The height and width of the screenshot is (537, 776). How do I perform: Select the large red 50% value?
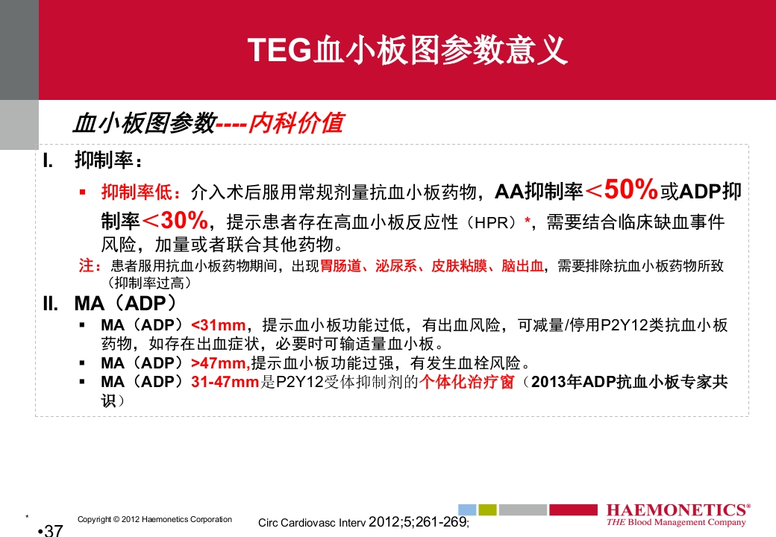(x=630, y=190)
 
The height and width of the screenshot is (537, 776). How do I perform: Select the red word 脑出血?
(x=522, y=266)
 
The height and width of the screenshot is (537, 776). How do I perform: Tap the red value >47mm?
(x=220, y=363)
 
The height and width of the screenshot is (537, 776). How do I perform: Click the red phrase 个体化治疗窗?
(x=466, y=383)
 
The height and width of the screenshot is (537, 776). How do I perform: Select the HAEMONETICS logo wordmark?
(x=678, y=510)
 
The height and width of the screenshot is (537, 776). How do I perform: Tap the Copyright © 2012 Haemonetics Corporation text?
(x=154, y=519)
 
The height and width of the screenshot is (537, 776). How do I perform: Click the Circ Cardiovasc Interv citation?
(x=363, y=522)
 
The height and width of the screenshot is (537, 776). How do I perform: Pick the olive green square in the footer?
(x=487, y=509)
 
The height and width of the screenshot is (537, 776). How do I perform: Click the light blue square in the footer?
(x=466, y=509)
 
